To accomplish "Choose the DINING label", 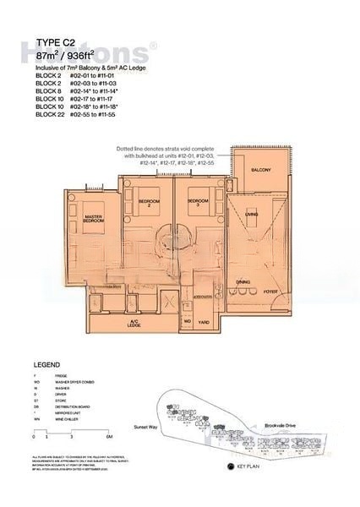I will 243,281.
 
